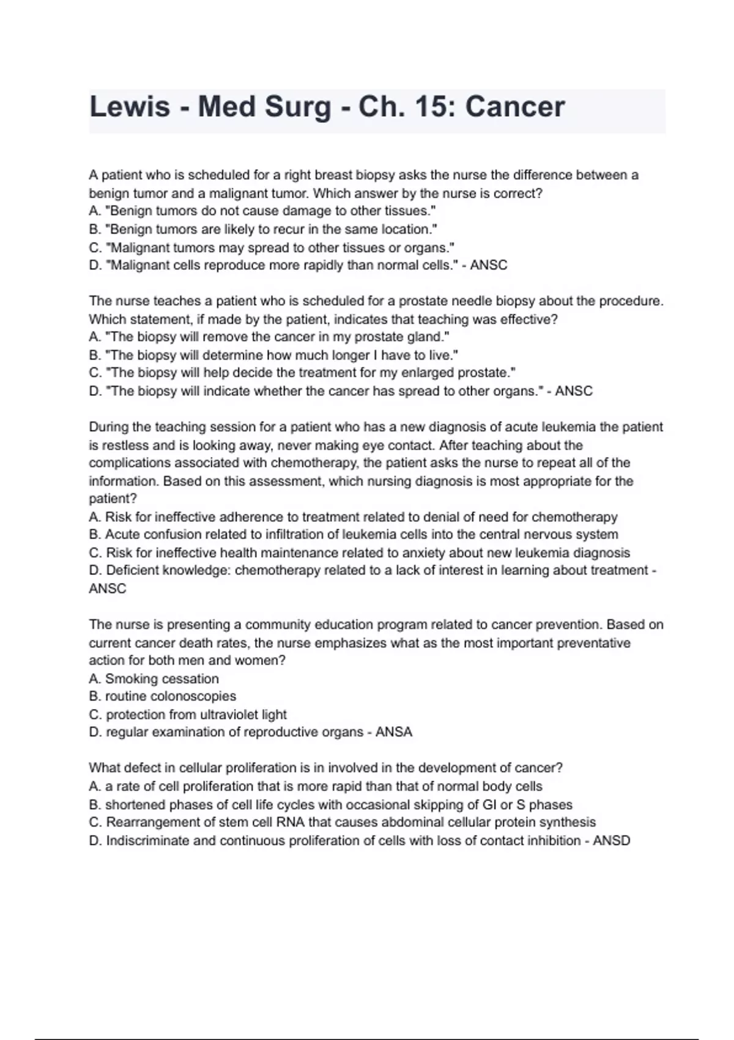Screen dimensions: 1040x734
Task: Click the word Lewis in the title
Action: (x=129, y=107)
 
